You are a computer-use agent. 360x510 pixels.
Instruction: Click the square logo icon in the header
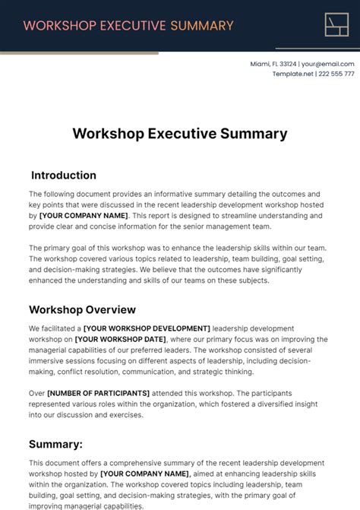click(x=336, y=24)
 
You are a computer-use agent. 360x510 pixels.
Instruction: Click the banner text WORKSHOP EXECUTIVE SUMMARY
click(x=128, y=25)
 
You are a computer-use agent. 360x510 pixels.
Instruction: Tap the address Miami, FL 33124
click(x=273, y=64)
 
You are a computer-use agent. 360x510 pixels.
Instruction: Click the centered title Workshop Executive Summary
click(x=180, y=134)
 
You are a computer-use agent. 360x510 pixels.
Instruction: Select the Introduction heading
click(x=64, y=175)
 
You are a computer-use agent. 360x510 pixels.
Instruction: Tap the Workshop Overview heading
click(x=82, y=309)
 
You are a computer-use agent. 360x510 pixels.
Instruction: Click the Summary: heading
click(x=55, y=444)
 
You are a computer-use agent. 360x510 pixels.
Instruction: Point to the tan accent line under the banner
click(x=79, y=53)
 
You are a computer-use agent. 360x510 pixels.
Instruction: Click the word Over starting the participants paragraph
click(x=37, y=393)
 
